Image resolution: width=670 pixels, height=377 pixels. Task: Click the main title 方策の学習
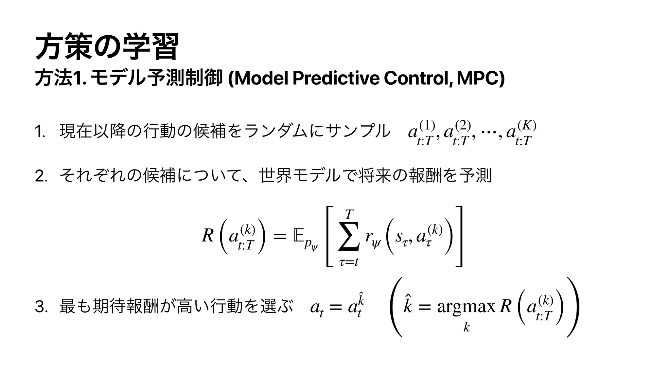[107, 46]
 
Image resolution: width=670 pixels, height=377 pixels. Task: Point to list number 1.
[40, 133]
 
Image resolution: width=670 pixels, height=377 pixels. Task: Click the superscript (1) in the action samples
[427, 125]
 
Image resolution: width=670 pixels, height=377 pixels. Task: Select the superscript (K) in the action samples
[526, 125]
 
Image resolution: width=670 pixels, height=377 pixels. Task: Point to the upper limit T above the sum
[349, 214]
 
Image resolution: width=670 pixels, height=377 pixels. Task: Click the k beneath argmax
[467, 327]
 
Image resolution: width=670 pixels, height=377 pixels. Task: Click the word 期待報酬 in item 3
[125, 307]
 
